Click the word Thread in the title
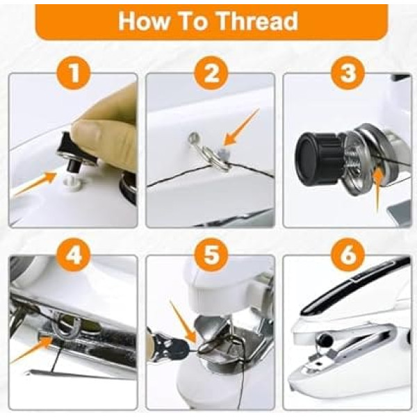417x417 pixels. click(257, 22)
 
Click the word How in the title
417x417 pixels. click(143, 22)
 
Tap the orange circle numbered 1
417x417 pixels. click(74, 73)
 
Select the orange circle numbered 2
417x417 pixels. click(211, 73)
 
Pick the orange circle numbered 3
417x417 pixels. click(348, 73)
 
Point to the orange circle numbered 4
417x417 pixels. click(74, 255)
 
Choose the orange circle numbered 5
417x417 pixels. click(211, 255)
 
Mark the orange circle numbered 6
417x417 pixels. click(348, 255)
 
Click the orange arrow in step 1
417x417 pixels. click(36, 183)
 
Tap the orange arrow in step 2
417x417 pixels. click(241, 127)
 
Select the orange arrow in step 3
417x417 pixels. click(377, 191)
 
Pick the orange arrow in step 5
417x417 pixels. click(183, 322)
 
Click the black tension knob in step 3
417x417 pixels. click(318, 159)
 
